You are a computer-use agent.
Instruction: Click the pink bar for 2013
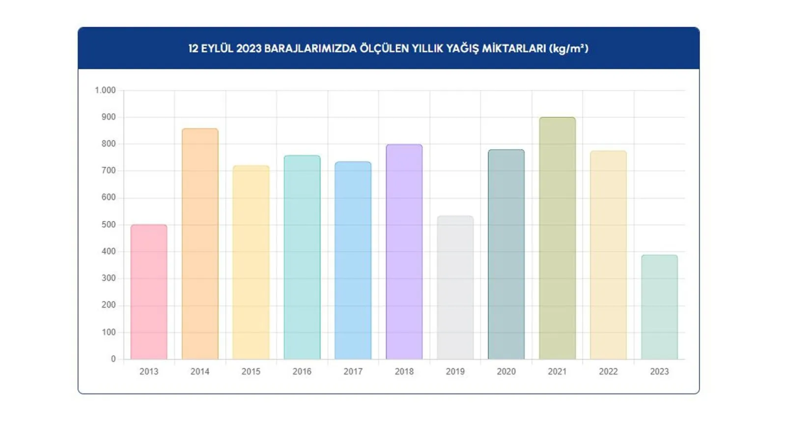(x=149, y=292)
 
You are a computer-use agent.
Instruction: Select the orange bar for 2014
(x=200, y=244)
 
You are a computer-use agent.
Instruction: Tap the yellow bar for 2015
(x=251, y=263)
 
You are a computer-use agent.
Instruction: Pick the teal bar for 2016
(x=302, y=258)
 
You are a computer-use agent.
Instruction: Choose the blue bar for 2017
(x=353, y=261)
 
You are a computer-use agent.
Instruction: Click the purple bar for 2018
(x=404, y=252)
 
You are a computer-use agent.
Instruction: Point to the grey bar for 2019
(x=455, y=288)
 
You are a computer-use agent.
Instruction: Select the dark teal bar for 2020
(x=507, y=255)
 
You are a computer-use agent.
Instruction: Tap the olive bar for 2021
(x=558, y=239)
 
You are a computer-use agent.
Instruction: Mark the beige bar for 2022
(x=609, y=255)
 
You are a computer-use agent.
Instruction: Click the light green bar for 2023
(x=660, y=308)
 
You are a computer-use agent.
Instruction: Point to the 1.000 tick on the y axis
(x=105, y=91)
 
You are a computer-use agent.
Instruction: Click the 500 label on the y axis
(x=108, y=225)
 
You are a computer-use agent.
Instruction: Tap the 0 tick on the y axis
(x=113, y=359)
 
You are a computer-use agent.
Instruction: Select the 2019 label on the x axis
(x=455, y=371)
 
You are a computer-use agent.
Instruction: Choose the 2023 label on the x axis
(x=660, y=371)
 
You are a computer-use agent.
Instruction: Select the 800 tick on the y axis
(x=108, y=144)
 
